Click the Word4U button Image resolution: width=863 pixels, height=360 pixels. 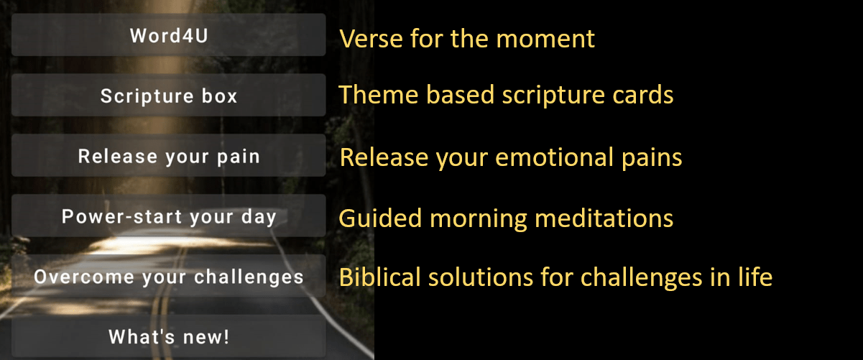(x=168, y=35)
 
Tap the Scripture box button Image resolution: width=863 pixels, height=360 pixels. (x=168, y=95)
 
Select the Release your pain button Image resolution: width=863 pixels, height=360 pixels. (x=168, y=155)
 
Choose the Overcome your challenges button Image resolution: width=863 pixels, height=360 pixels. (x=168, y=276)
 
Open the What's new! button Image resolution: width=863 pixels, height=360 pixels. (x=168, y=336)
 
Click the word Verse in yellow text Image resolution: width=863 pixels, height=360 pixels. (x=371, y=39)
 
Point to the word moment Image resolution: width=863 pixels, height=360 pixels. (x=545, y=40)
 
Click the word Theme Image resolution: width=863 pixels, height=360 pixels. (x=379, y=95)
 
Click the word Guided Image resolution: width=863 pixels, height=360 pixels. (x=380, y=218)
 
